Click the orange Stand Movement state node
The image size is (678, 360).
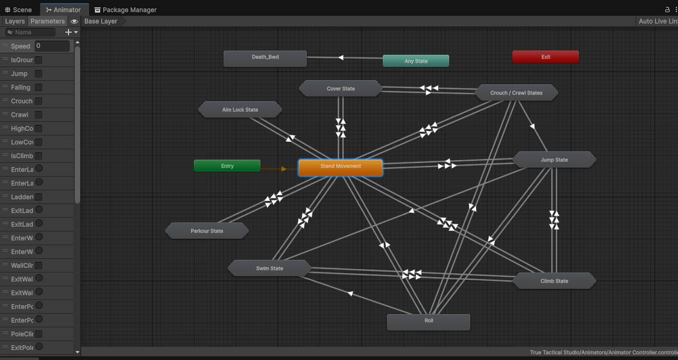pos(341,167)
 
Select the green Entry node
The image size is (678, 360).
pos(227,166)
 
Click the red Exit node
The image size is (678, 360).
pos(545,57)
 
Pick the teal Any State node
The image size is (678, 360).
pos(415,61)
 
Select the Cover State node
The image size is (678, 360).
pos(341,89)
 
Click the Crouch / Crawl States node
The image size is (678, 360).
pos(516,93)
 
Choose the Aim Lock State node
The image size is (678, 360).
pos(240,110)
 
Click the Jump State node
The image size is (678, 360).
pos(554,160)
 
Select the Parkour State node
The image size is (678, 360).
pos(207,231)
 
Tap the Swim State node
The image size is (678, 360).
pos(269,268)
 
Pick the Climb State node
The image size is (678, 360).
pos(554,281)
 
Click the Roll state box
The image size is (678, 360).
pos(428,322)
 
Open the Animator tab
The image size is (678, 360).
pos(64,9)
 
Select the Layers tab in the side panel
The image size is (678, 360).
pos(15,21)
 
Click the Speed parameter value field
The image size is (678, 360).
pos(52,46)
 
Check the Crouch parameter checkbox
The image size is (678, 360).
pos(38,101)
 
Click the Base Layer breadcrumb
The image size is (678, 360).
pos(101,21)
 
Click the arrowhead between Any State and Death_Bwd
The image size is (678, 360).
pos(341,57)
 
